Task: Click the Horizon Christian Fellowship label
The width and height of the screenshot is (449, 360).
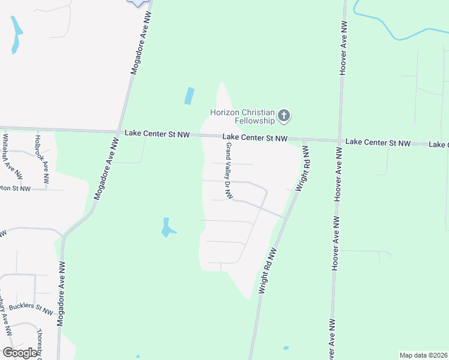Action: tap(242, 116)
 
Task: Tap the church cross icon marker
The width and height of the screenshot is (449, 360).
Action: tap(285, 115)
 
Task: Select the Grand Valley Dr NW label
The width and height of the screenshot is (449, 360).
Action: tap(229, 171)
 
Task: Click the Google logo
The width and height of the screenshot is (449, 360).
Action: tap(20, 353)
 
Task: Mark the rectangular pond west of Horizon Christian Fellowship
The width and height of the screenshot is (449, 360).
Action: tap(190, 96)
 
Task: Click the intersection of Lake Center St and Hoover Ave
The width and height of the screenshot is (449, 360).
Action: tap(340, 140)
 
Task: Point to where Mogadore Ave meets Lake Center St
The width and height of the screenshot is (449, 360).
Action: tap(119, 131)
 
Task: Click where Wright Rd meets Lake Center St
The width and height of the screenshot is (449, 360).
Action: tap(303, 139)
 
